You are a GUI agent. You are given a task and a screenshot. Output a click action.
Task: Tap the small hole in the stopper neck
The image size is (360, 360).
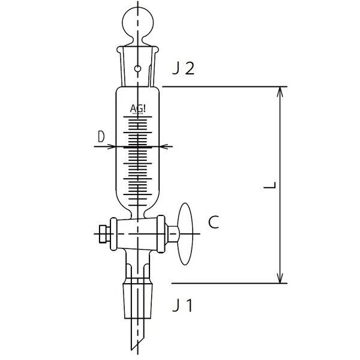(138, 69)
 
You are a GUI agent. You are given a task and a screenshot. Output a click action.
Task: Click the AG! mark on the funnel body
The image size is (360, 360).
(138, 109)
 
